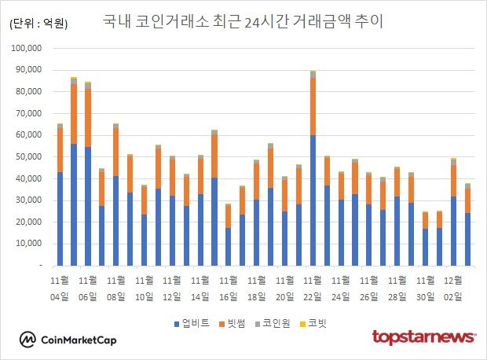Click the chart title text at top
point(243,21)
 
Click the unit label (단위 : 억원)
point(38,24)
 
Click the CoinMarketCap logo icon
point(28,339)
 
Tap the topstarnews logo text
point(423,337)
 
